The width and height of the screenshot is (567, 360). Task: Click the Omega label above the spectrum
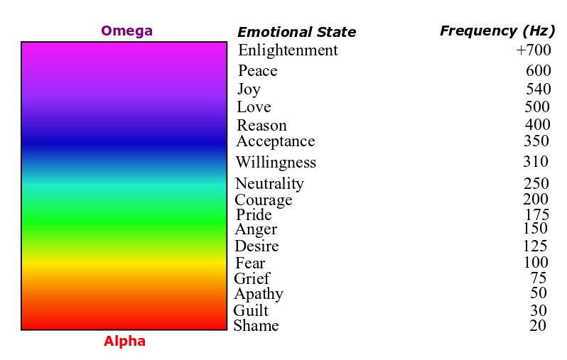coord(126,31)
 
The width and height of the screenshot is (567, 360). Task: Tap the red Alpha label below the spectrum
coord(124,342)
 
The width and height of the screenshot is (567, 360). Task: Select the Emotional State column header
coord(296,32)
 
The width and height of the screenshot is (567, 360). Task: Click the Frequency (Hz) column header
coord(497,31)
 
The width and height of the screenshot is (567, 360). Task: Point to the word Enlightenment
coord(288,50)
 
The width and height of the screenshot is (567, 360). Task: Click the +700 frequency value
coord(534,50)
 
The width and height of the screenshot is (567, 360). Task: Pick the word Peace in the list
coord(257,71)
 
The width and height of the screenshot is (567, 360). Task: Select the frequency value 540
coord(538,89)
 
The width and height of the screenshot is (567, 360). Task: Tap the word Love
coord(254,107)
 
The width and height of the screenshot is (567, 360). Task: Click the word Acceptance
coord(276,141)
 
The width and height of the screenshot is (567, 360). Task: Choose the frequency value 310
coord(536,162)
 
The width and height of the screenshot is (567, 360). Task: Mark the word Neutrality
coord(269,184)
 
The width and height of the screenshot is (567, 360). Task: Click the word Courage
coord(263,200)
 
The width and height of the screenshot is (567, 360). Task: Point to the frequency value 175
coord(536,215)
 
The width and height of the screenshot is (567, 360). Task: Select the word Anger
coord(256,229)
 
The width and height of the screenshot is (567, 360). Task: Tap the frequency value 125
coord(535,246)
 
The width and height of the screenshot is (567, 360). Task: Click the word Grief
coord(252,279)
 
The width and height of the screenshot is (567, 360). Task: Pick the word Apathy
coord(259,294)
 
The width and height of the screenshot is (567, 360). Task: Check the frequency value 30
coord(539,311)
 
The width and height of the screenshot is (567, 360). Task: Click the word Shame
coord(256,326)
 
